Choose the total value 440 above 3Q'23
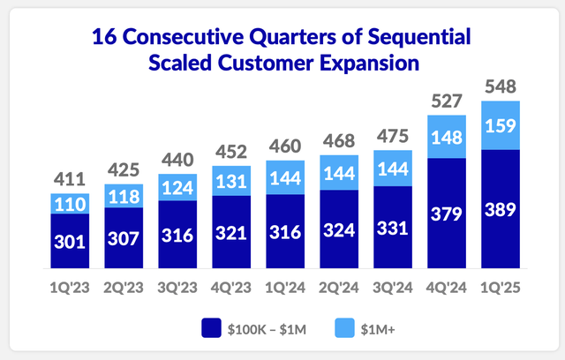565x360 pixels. [x=176, y=160]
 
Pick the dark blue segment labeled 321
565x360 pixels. [x=230, y=233]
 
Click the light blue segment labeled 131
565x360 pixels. [x=230, y=180]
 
